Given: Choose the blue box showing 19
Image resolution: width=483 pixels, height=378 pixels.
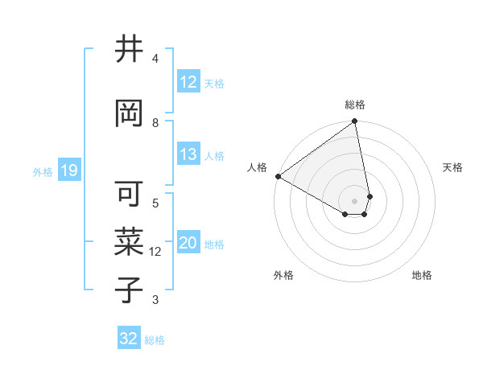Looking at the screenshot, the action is (x=68, y=171).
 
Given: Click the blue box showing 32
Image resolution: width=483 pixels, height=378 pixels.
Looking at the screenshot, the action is (x=129, y=339).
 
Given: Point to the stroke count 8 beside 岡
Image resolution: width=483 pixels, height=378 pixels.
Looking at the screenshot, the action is (x=155, y=122).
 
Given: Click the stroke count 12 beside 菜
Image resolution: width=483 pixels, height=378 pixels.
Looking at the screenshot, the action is (x=155, y=252).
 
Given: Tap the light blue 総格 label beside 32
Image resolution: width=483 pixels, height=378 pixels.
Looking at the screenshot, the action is (x=155, y=340).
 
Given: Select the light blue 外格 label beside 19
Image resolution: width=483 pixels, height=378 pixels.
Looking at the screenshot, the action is (x=43, y=171).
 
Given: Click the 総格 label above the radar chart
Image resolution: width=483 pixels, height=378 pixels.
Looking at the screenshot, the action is (x=355, y=105).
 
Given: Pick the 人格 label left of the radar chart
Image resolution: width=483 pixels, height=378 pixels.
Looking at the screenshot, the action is (x=257, y=166).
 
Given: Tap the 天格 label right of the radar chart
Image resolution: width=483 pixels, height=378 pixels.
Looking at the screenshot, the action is (x=452, y=167).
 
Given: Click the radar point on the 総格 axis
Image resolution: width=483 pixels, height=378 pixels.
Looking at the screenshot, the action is (x=355, y=122).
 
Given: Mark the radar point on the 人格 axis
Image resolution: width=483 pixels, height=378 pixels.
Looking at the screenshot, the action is (x=278, y=176).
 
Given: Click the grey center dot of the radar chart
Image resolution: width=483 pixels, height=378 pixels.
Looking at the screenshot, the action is (x=355, y=200).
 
